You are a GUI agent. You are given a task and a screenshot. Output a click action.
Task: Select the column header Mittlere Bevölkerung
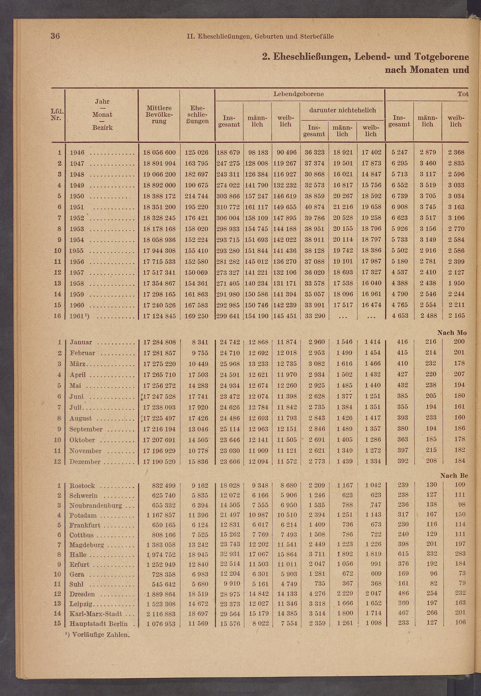(x=159, y=115)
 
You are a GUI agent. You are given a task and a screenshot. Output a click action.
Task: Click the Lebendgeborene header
(x=298, y=94)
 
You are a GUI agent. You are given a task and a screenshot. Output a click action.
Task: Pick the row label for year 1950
(x=77, y=196)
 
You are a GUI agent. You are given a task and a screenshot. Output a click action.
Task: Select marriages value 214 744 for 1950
(x=197, y=196)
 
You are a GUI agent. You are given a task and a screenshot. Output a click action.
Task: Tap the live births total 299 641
(x=228, y=316)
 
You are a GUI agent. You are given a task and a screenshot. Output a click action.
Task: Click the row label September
(x=86, y=429)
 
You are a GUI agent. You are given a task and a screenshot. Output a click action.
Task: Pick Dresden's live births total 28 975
(x=230, y=594)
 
